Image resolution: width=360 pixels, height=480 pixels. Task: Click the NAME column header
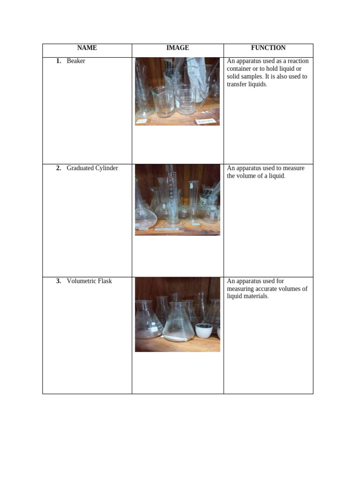point(87,48)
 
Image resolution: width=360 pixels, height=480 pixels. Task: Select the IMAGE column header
point(178,48)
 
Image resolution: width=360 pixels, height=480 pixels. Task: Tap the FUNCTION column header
point(268,48)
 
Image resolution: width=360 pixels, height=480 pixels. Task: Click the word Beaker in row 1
point(76,61)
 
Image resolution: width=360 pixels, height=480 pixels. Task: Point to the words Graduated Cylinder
point(92,168)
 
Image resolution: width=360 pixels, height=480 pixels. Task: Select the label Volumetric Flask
point(90,281)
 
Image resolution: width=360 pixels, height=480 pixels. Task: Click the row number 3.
point(59,281)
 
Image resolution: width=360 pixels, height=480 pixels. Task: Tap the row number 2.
point(59,168)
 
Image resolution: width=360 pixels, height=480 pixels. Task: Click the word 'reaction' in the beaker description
point(297,61)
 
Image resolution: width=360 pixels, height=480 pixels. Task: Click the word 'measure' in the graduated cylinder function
point(293,168)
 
